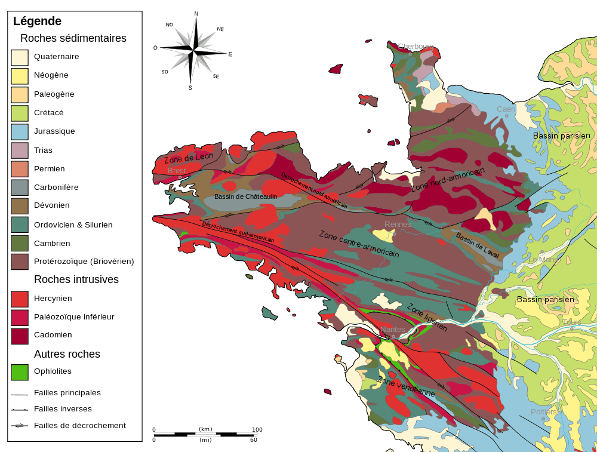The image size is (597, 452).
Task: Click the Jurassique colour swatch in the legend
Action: coord(20,131)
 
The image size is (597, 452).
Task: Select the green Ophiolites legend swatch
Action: coord(20,371)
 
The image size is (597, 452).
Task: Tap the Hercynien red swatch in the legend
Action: coord(20,298)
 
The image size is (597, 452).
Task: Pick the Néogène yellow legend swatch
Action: coord(20,76)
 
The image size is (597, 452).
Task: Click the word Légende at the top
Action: coord(37,21)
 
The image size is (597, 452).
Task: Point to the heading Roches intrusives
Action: coord(76,279)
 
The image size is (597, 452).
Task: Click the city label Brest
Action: coord(177,171)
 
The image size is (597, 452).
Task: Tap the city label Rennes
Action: coord(398,225)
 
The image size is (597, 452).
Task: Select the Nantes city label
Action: coord(392,330)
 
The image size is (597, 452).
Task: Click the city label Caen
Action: coord(506,109)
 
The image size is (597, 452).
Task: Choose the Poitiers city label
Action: coord(543,412)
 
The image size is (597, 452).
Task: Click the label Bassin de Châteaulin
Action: coord(247,196)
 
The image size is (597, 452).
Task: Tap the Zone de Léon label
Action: coord(189,158)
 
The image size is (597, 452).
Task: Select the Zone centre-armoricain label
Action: coord(359,244)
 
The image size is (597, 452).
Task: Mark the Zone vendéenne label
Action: coord(406,388)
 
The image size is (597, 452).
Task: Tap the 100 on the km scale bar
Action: coord(257,429)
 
